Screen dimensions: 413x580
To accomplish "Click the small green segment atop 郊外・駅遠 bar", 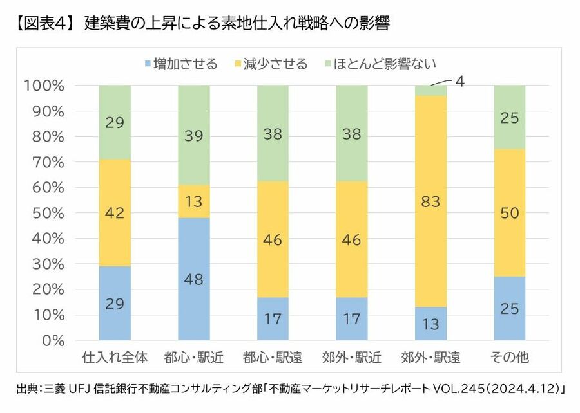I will point(431,90).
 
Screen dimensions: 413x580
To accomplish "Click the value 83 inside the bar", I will point(431,201).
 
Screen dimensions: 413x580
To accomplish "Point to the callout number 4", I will point(459,82).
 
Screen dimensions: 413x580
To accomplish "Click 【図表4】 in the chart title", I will point(42,24).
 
